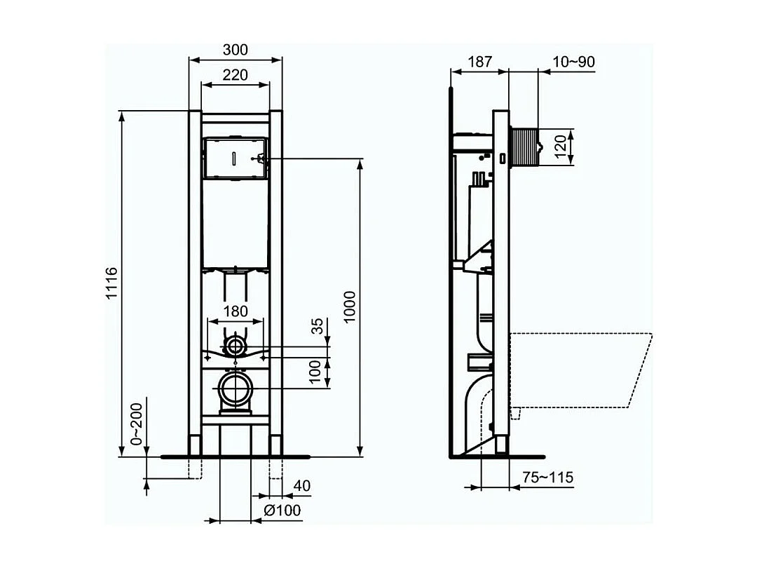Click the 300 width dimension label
tap(236, 50)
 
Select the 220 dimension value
tap(236, 74)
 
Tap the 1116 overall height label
tap(111, 284)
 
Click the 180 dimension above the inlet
tap(236, 311)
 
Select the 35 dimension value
tap(317, 326)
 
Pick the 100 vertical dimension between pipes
tap(317, 372)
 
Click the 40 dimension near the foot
tap(301, 485)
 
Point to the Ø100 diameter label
tap(283, 510)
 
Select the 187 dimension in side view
tap(479, 62)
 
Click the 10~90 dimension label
tap(573, 62)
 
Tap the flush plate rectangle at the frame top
tap(236, 158)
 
